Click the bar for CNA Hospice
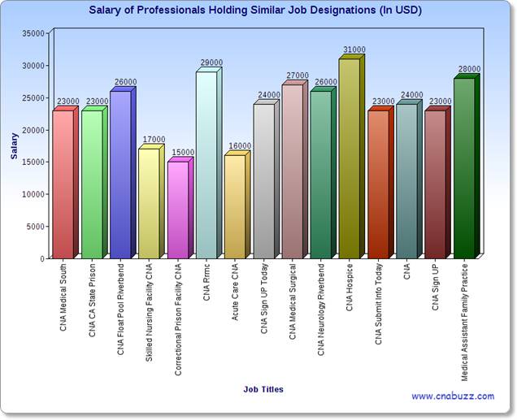[351, 157]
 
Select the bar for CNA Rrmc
[209, 163]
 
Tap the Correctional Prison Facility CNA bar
[180, 208]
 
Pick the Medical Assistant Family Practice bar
[467, 167]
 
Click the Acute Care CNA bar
[237, 205]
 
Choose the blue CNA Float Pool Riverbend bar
[123, 173]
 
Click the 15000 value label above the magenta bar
[183, 152]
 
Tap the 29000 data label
[211, 63]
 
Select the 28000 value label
[469, 69]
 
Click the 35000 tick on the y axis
[33, 33]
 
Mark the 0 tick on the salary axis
[42, 259]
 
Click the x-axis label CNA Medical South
[63, 297]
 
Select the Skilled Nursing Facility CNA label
[149, 312]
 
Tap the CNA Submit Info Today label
[378, 304]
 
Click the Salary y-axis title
[14, 146]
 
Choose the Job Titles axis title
[263, 389]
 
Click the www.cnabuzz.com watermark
[453, 396]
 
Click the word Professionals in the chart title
[171, 11]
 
